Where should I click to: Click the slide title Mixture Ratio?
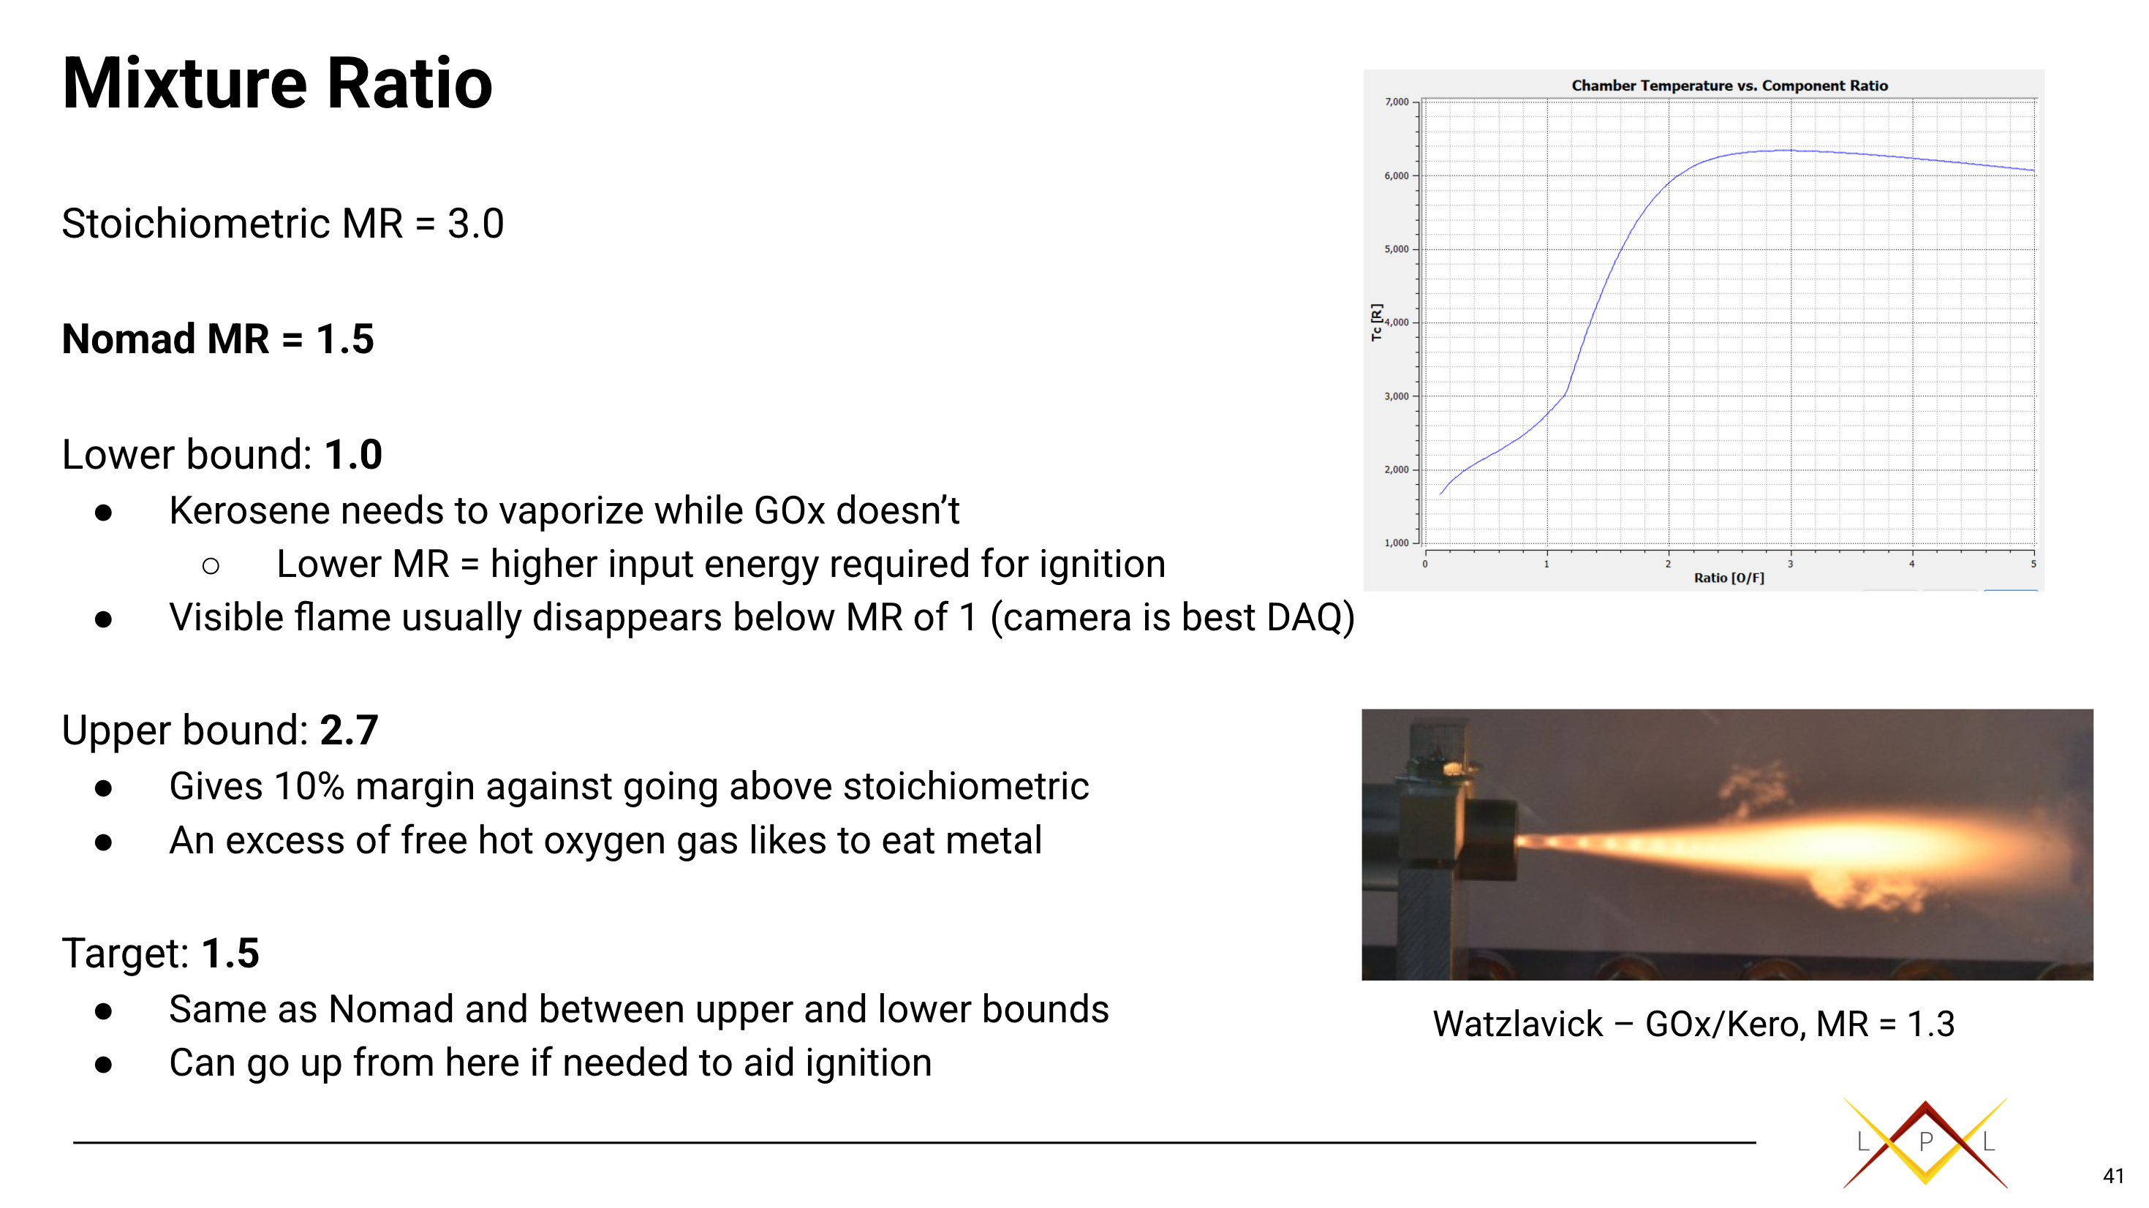[277, 83]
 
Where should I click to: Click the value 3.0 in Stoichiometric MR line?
[475, 224]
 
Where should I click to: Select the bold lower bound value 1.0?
[353, 455]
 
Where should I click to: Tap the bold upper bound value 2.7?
[349, 730]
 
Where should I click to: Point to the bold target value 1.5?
[230, 953]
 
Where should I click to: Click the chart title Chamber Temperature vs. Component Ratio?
[1729, 85]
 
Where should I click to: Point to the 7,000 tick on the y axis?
[1397, 102]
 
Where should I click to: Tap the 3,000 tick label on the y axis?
[1397, 396]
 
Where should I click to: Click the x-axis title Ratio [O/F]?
[1729, 577]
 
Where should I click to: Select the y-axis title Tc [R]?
[1377, 322]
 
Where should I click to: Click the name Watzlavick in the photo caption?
[1517, 1024]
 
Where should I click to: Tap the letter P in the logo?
[1925, 1141]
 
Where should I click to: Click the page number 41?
[2113, 1177]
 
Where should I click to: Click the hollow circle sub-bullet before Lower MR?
[211, 567]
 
